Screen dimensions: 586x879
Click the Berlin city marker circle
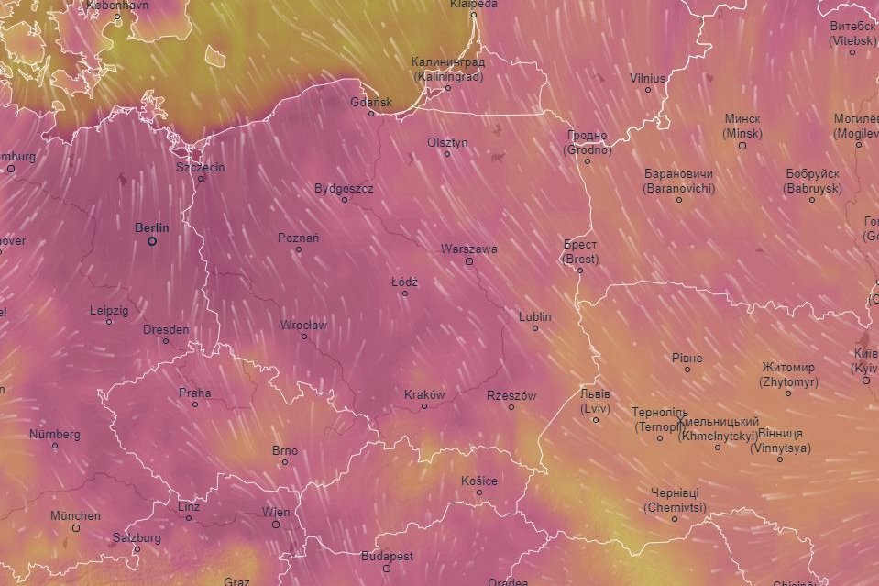tap(152, 241)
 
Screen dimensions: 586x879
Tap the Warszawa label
tap(468, 249)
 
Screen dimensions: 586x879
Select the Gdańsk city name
tap(371, 102)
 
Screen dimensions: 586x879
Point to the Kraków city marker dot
tap(424, 406)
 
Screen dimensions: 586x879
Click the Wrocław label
tap(304, 325)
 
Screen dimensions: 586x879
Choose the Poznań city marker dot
tap(298, 249)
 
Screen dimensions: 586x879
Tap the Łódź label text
tap(404, 282)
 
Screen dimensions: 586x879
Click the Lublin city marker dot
tap(535, 328)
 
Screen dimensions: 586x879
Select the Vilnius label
tap(647, 78)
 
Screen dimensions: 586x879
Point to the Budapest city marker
tap(387, 569)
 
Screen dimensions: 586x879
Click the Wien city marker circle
tap(275, 525)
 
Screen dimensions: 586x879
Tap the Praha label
tap(194, 393)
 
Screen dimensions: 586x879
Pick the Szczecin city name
tap(200, 167)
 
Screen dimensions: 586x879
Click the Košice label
tap(479, 481)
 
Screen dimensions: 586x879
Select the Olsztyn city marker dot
tap(447, 154)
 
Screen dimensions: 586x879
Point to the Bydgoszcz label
tap(344, 188)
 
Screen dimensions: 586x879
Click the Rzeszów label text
tap(511, 395)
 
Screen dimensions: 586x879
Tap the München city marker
tap(76, 528)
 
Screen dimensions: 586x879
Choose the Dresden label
tap(166, 329)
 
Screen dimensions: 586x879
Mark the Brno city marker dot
tap(285, 462)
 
